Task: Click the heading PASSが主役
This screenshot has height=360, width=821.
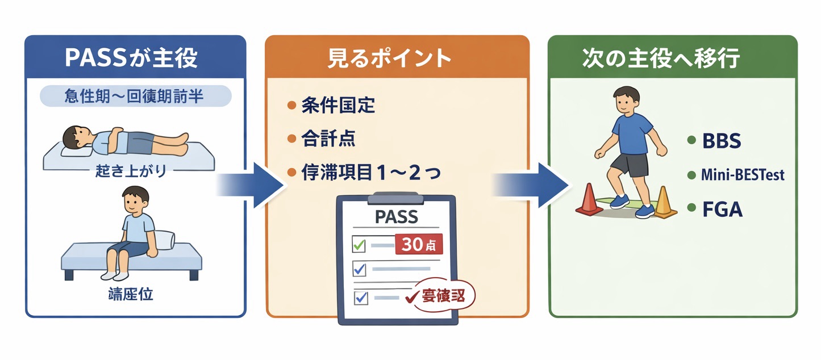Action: click(135, 58)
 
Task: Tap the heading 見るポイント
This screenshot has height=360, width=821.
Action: click(397, 58)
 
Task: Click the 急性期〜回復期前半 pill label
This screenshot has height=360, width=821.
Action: click(135, 96)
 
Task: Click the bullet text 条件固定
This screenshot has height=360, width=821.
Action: click(339, 106)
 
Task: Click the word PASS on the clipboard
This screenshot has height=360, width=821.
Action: click(396, 216)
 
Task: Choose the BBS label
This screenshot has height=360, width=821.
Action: click(721, 141)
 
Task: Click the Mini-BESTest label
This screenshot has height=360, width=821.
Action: click(742, 175)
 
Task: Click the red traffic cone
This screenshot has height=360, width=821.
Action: click(589, 200)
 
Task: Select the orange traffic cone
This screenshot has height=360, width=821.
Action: click(663, 204)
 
